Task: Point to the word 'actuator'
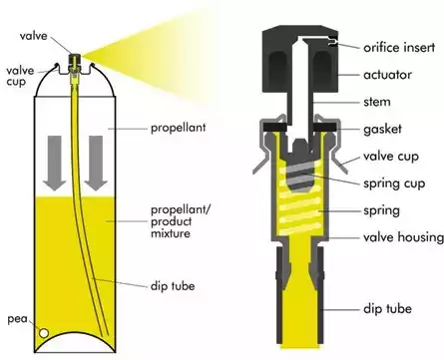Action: [x=383, y=75]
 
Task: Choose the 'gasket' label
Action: [x=380, y=131]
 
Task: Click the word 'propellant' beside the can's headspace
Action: [x=180, y=129]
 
